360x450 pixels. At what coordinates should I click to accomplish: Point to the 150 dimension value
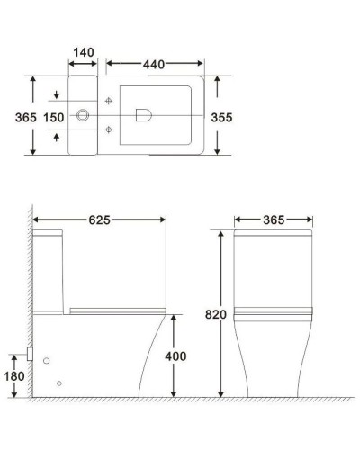coord(55,117)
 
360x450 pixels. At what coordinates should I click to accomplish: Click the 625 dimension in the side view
coord(99,220)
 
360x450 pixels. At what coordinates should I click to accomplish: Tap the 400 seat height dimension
coord(176,356)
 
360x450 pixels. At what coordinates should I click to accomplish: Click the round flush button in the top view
coord(84,115)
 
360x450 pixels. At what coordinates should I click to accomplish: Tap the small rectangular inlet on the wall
coord(31,355)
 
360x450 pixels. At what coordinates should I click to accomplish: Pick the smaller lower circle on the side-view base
coord(59,384)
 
